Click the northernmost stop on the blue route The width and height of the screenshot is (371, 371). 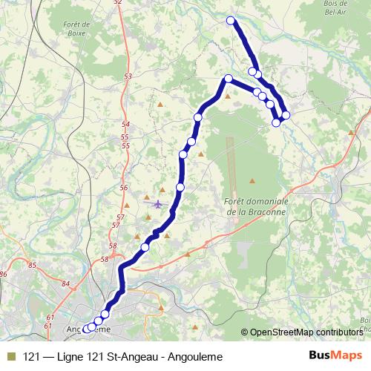231,21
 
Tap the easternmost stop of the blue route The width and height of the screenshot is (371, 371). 286,114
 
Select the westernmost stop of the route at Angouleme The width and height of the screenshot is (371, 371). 86,328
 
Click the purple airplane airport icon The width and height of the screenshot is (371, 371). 157,203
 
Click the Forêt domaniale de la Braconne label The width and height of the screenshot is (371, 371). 253,206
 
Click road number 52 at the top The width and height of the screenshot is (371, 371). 118,3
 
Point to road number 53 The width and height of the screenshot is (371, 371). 128,76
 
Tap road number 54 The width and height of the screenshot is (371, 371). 125,124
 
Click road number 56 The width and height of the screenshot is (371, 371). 123,188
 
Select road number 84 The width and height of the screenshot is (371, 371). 66,283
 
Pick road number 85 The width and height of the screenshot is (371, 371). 32,265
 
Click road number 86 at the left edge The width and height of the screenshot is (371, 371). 4,275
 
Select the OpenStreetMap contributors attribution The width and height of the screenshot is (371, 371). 305,332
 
